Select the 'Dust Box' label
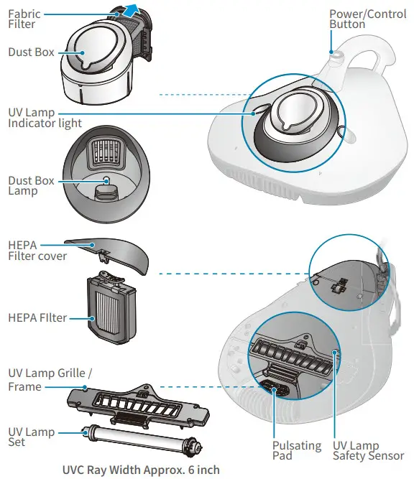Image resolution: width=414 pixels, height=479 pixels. (31, 52)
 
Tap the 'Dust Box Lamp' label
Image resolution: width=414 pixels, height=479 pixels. (31, 186)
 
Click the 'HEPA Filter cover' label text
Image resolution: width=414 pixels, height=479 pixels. (37, 250)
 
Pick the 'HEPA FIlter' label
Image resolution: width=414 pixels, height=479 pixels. (37, 317)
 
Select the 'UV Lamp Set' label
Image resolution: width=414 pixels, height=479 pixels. (27, 436)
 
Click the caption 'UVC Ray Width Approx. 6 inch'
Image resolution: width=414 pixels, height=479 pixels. (139, 470)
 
